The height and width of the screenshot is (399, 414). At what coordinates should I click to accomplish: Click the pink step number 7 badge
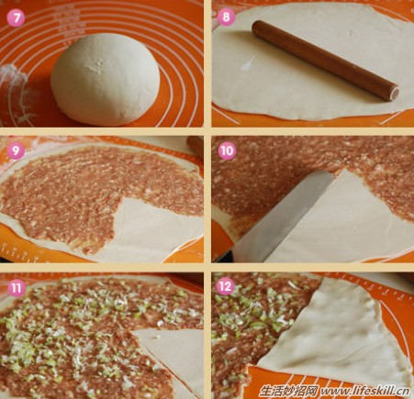coord(16,17)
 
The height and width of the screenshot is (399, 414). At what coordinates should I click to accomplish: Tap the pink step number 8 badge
coord(226,17)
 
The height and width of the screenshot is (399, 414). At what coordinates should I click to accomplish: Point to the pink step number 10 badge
coord(227,150)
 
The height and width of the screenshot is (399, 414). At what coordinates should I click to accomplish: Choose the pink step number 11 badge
coord(16,287)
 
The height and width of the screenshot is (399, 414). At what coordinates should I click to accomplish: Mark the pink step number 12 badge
coord(225,286)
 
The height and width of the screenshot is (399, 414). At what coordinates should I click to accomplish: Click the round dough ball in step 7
coord(106,80)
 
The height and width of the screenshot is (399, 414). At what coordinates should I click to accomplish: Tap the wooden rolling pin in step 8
coord(326,61)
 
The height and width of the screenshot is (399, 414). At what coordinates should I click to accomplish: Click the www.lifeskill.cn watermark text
coord(365,391)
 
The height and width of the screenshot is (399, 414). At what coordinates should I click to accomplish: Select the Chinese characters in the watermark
coord(289,391)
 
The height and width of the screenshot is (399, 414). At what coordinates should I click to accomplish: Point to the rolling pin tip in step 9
coord(196,146)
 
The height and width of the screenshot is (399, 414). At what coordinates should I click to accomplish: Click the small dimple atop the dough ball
coord(98,63)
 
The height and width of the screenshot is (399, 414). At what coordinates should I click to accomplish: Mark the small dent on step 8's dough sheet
coord(351,33)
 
